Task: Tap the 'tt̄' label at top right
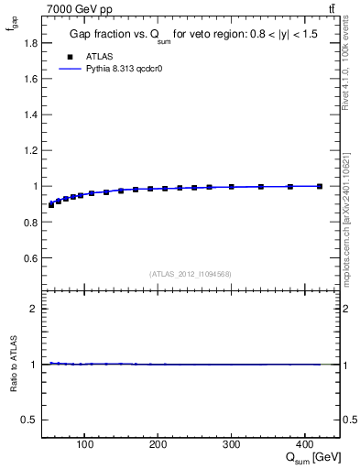tap(331, 9)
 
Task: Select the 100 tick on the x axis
tap(85, 445)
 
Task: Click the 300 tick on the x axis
tap(231, 445)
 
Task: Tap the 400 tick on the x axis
tap(304, 445)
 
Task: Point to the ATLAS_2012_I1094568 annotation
tap(191, 274)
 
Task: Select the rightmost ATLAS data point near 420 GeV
tap(319, 186)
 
